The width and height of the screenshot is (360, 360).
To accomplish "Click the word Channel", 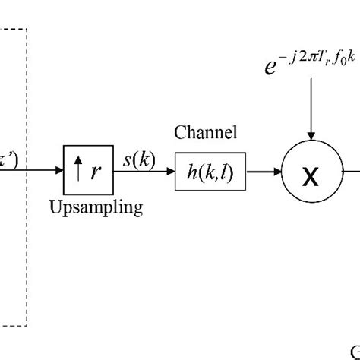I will (205, 134).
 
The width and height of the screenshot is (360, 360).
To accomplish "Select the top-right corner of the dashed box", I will (27, 30).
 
